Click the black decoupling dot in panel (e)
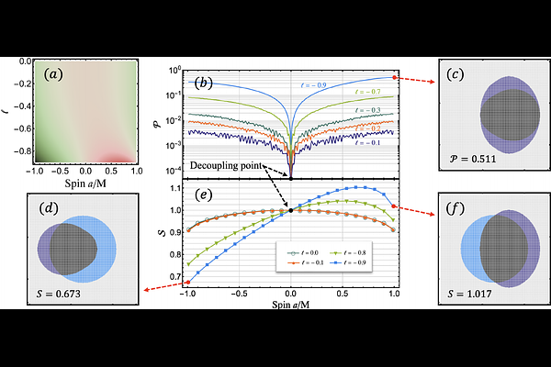tap(291, 210)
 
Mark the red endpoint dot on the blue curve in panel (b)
tap(395, 77)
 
